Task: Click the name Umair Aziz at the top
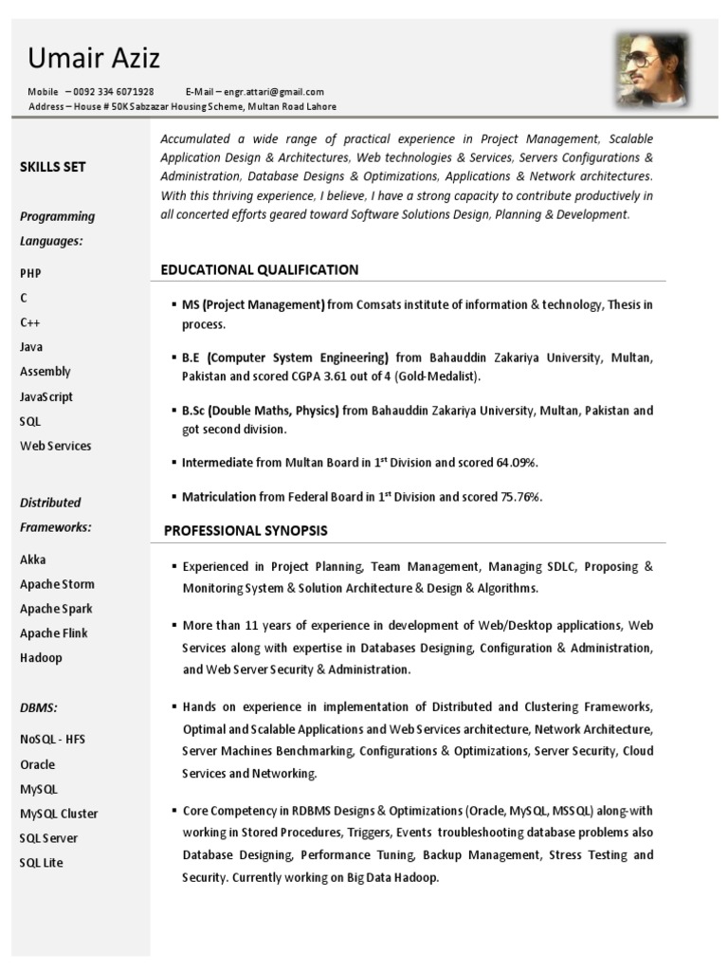pos(94,59)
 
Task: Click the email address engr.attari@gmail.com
pos(275,92)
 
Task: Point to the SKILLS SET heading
pos(53,167)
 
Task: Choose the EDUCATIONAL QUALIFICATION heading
pos(260,270)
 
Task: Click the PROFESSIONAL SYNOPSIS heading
pos(246,530)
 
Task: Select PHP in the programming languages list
pos(30,273)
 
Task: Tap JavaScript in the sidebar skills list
pos(46,396)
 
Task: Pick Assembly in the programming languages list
pos(45,372)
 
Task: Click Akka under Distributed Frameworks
pos(33,559)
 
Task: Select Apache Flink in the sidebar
pos(54,633)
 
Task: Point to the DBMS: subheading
pos(39,707)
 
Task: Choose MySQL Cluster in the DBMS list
pos(59,814)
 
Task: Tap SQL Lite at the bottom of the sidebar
pos(42,863)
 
